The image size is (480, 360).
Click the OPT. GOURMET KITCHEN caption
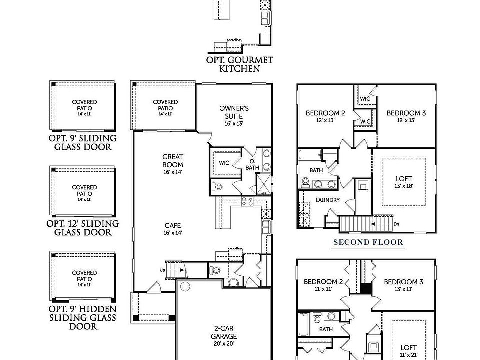pos(240,64)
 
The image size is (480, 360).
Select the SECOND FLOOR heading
pos(368,243)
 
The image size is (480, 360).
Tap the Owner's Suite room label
pos(234,115)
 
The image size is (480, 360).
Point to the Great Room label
pos(172,164)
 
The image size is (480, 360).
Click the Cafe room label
pos(172,228)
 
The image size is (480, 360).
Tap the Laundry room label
pos(327,200)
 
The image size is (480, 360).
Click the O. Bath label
pos(252,165)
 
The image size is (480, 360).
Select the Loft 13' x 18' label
pos(404,181)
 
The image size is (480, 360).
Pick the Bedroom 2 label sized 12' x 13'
pos(325,116)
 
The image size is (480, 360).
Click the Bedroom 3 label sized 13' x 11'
pos(403,285)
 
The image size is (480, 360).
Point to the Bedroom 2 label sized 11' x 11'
pos(323,285)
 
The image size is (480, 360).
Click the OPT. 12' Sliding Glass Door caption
pos(83,228)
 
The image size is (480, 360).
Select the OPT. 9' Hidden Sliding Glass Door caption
pos(83,318)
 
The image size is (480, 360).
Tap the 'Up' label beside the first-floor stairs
pos(162,270)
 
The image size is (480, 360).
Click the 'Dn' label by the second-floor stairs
pos(396,224)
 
